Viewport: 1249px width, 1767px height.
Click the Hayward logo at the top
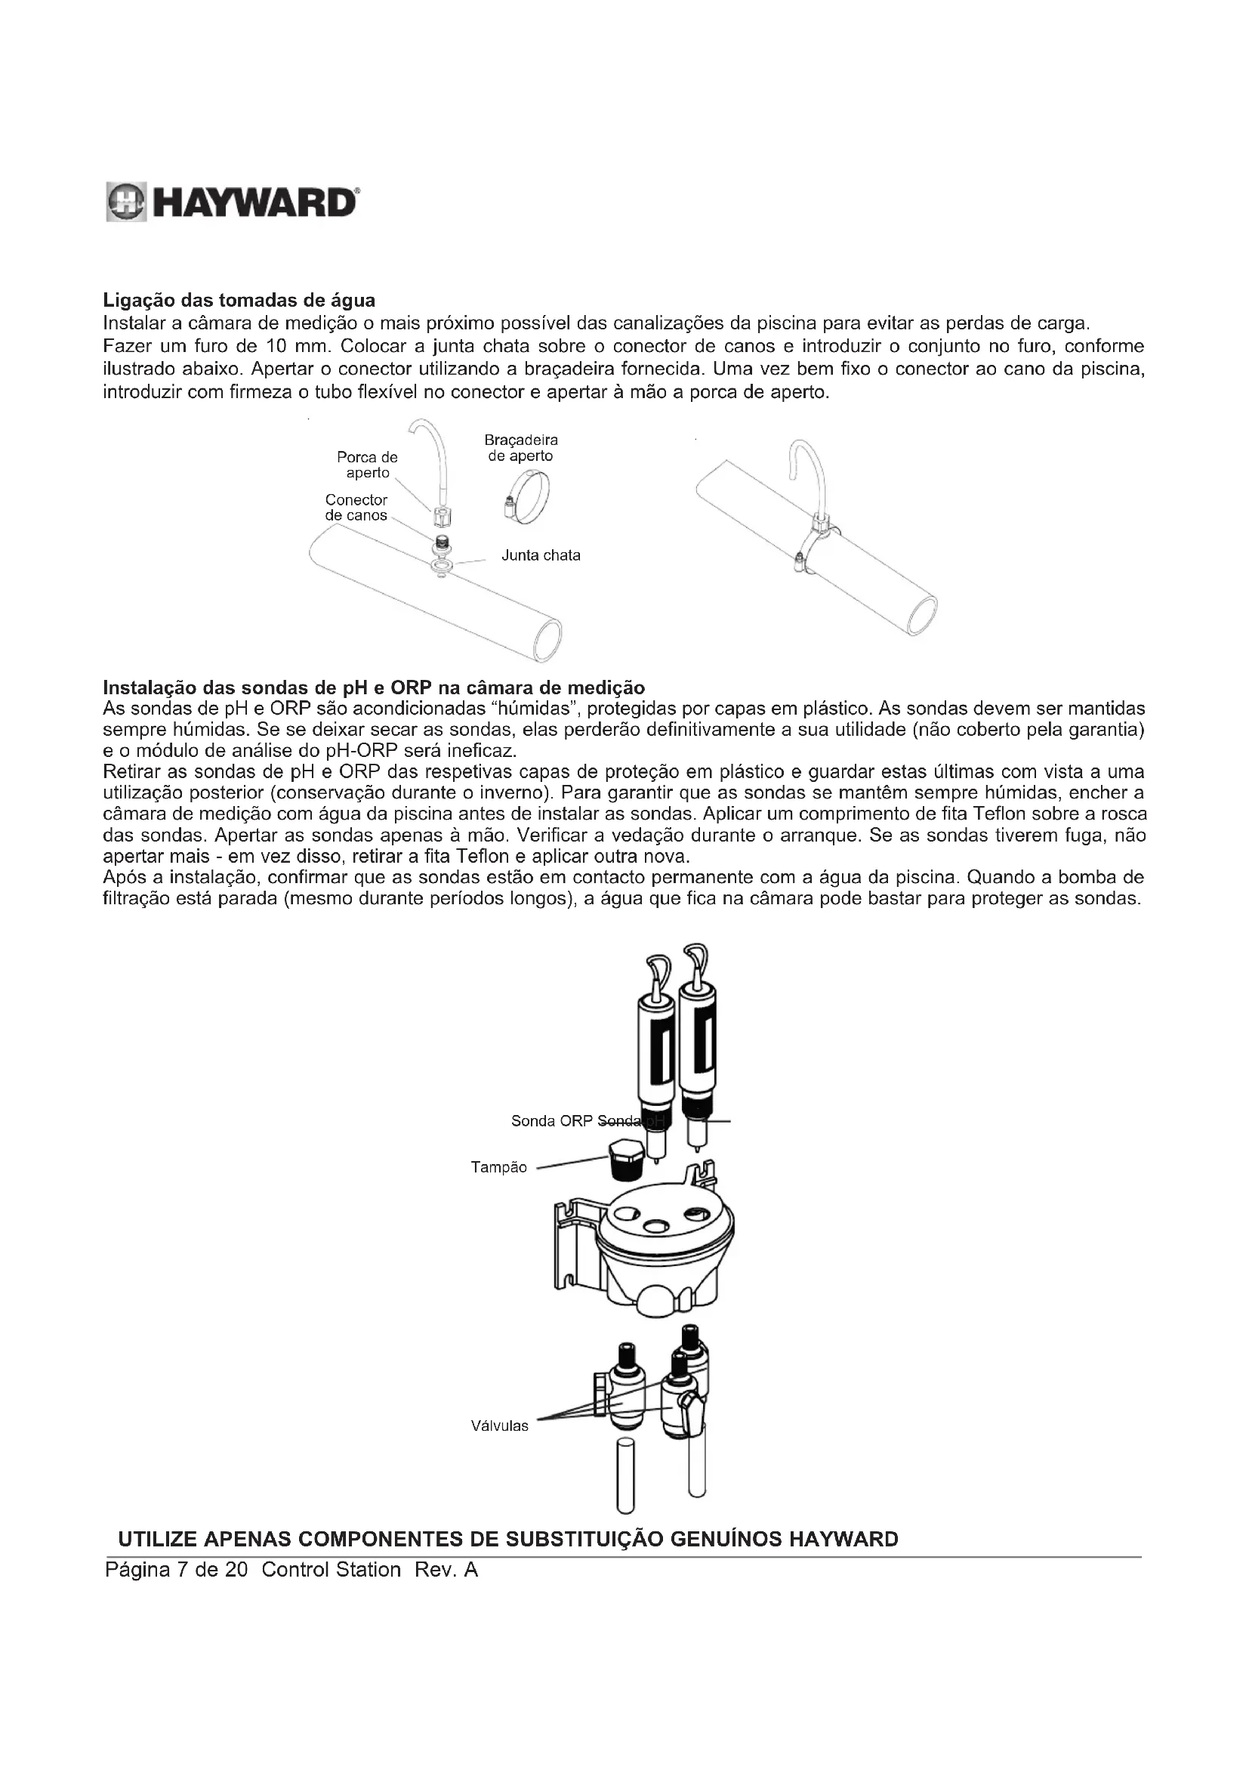(231, 203)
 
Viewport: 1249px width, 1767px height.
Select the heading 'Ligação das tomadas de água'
(239, 299)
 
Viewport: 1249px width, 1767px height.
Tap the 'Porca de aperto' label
(367, 465)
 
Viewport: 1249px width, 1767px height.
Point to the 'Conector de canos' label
(356, 508)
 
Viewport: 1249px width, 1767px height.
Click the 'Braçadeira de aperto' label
(521, 448)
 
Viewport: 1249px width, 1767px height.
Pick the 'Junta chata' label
(541, 556)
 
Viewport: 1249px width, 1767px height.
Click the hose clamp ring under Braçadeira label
(529, 499)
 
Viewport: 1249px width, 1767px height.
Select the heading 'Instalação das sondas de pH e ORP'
(374, 687)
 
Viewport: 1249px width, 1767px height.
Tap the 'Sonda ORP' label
(552, 1121)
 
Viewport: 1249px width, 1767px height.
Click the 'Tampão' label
(498, 1167)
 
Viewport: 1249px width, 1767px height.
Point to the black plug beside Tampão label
(624, 1162)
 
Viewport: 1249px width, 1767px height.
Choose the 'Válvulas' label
(500, 1426)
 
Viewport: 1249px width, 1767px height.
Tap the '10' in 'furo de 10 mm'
(276, 346)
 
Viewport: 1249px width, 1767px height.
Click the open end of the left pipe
(547, 640)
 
